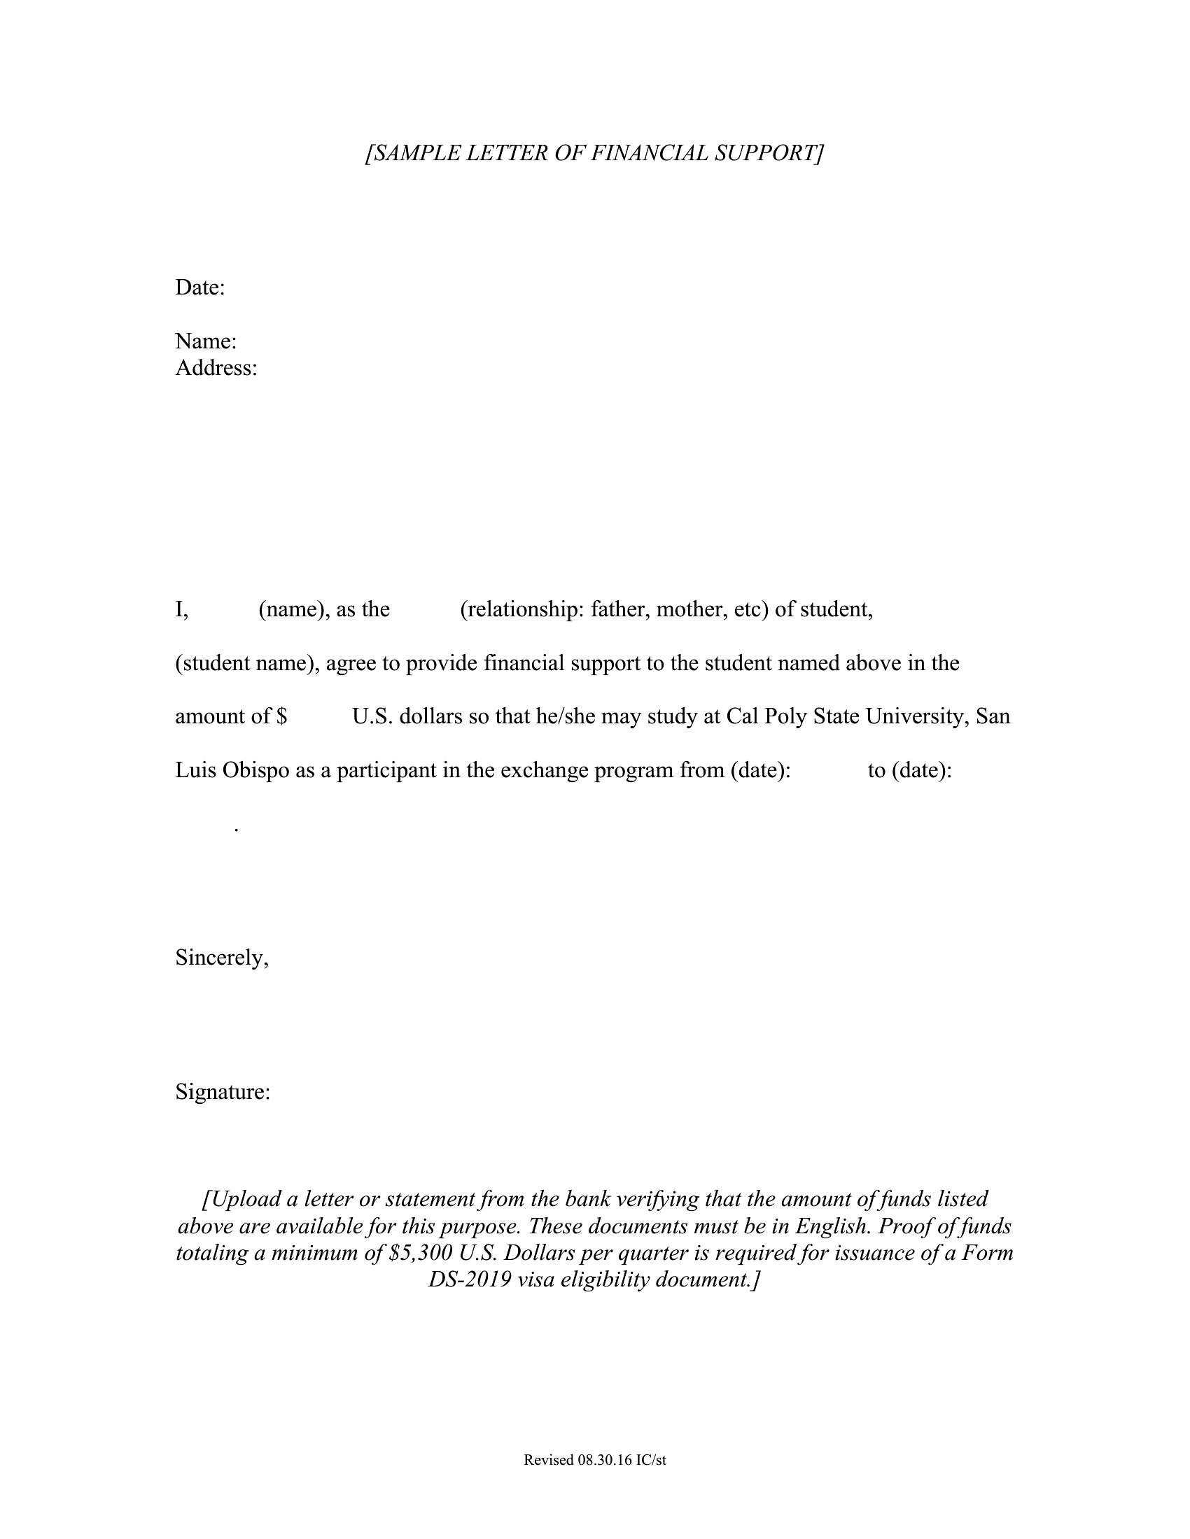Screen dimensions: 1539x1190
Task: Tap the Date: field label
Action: click(199, 288)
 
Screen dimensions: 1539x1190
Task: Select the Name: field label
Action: click(205, 341)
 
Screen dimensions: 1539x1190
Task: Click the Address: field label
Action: click(216, 368)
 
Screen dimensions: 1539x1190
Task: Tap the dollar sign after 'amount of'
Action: click(282, 716)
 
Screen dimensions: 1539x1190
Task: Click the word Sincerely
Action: click(220, 958)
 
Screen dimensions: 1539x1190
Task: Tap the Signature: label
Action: click(222, 1092)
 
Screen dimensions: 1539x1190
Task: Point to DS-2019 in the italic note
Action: click(470, 1279)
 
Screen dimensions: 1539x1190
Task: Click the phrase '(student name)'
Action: click(246, 663)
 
